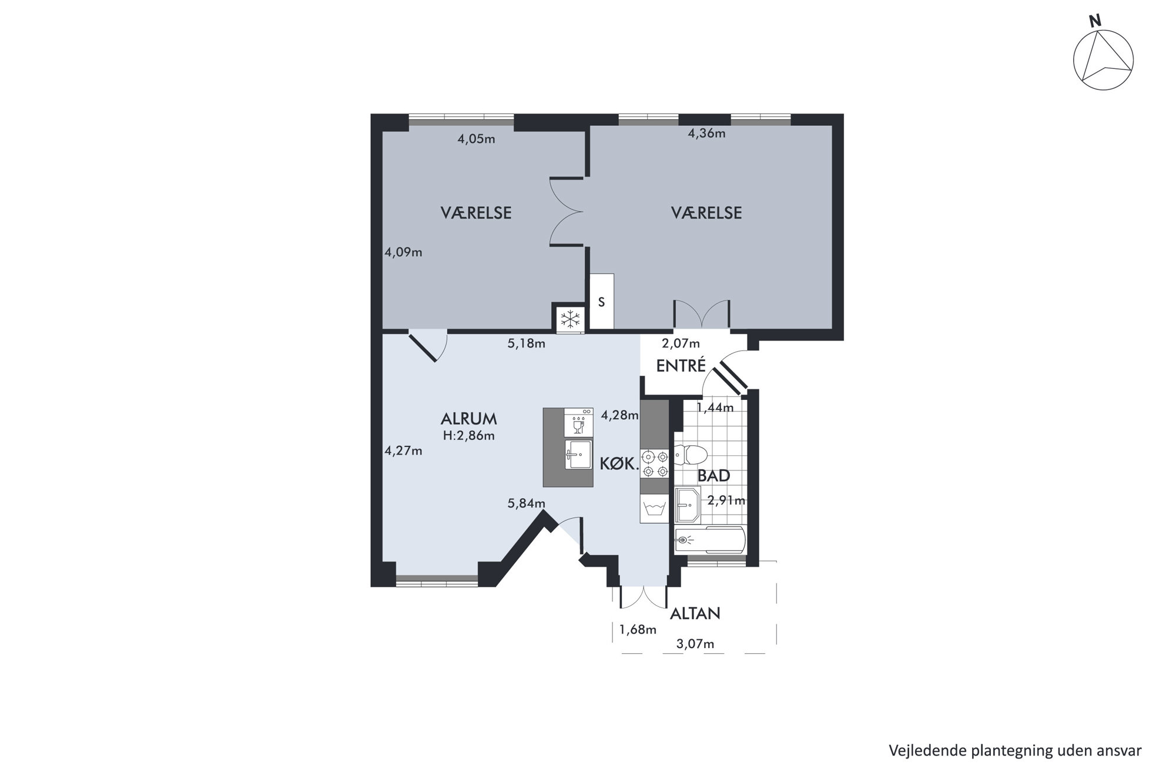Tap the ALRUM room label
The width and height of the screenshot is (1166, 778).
[x=468, y=419]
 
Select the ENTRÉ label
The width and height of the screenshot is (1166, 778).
[x=681, y=365]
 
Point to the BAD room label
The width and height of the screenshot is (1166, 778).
[x=713, y=475]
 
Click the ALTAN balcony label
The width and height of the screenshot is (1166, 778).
[x=695, y=613]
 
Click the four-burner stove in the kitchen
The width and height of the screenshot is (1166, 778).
[x=655, y=463]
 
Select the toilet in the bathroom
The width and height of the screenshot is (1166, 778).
[x=690, y=455]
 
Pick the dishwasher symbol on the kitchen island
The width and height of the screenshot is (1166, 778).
[x=578, y=423]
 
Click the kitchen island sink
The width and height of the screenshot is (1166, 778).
[x=578, y=455]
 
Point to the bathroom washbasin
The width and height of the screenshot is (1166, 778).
[x=687, y=505]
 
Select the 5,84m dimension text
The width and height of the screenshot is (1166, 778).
[x=527, y=503]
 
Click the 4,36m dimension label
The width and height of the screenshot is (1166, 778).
[x=706, y=133]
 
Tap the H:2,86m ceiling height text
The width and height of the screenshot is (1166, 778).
[x=468, y=436]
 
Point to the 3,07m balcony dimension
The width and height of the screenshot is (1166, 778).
[x=695, y=644]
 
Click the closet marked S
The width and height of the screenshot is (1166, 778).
[x=602, y=302]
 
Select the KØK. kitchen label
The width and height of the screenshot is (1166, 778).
[x=619, y=464]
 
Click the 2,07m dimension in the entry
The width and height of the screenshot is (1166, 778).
[x=681, y=343]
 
